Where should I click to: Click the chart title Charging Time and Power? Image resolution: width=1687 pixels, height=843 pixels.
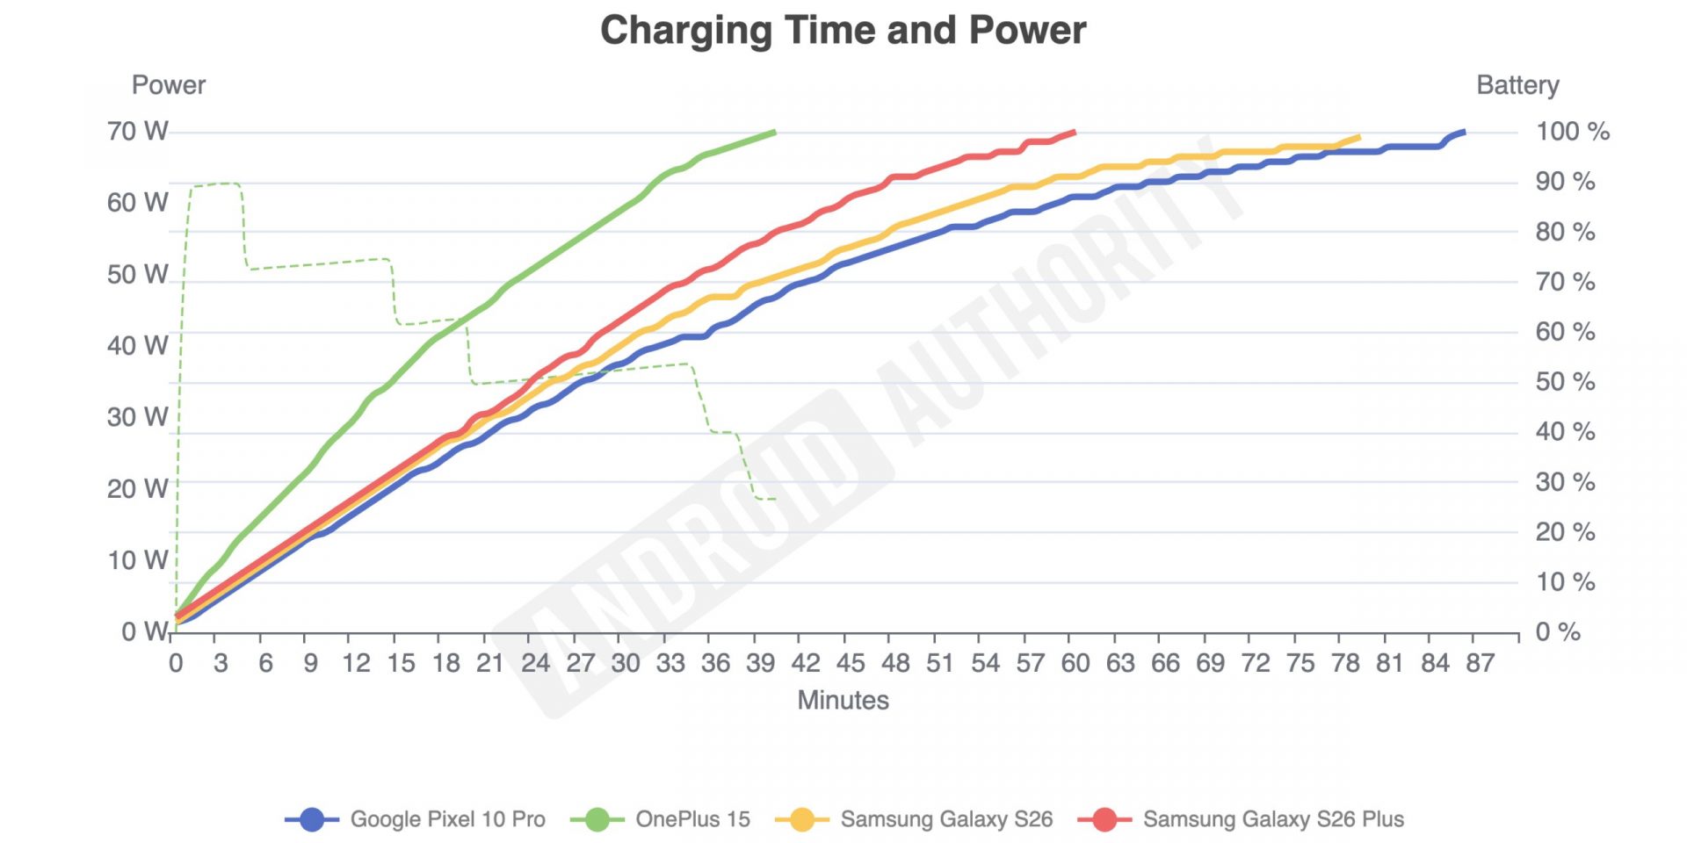(x=843, y=31)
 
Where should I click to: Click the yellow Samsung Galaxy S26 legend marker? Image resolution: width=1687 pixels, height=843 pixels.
(x=801, y=819)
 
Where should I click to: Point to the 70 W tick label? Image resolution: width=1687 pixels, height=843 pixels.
(x=138, y=132)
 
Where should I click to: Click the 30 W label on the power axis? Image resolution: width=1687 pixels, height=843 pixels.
(x=138, y=417)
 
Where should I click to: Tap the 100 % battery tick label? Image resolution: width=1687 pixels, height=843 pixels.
(x=1572, y=132)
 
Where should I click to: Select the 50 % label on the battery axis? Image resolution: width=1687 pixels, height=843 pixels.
(x=1565, y=382)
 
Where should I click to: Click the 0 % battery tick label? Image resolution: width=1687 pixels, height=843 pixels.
(x=1558, y=632)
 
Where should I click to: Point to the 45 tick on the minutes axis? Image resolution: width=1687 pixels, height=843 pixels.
(x=850, y=663)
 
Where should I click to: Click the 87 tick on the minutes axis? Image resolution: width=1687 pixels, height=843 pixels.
(x=1480, y=663)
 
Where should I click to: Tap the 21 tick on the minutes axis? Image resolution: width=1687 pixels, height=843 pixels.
(x=490, y=663)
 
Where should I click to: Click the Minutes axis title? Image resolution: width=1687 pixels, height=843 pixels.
(x=843, y=701)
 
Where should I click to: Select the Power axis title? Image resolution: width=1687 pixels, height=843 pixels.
(x=168, y=85)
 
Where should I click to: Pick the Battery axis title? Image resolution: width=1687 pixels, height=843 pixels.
(x=1517, y=85)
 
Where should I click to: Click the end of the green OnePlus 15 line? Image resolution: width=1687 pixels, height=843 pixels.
(x=774, y=133)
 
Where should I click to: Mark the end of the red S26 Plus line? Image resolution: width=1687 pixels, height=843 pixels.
(x=1074, y=133)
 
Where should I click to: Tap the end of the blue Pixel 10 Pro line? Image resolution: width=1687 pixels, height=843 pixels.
(x=1463, y=133)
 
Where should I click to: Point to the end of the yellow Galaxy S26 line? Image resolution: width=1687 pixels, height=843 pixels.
(x=1358, y=138)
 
